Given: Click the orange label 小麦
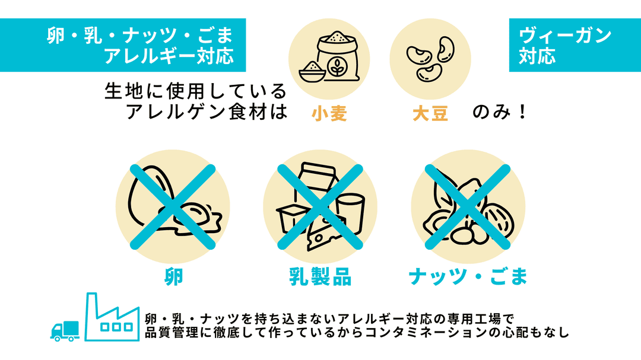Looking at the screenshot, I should (329, 113).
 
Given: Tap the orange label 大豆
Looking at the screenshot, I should (430, 113).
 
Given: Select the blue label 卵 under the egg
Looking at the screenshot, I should (173, 276).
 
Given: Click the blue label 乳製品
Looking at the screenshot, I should (320, 276).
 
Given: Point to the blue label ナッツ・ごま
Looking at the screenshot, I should (468, 276).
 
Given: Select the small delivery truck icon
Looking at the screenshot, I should (65, 330).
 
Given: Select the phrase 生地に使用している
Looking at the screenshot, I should (195, 91).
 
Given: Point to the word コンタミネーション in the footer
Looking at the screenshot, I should (427, 333).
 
